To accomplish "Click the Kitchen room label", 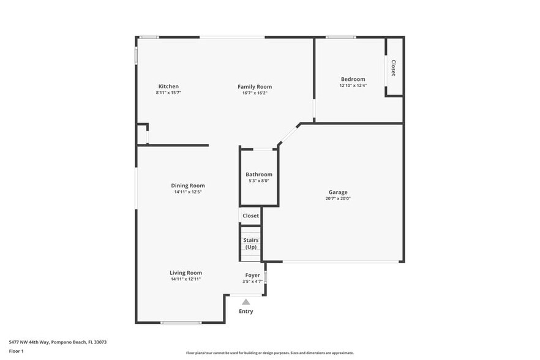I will (x=168, y=86).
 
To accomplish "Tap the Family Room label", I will (x=255, y=86).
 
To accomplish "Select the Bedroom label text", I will (x=353, y=79).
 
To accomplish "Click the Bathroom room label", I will (x=258, y=174).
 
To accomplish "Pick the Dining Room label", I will (x=187, y=186).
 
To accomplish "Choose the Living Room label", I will (x=186, y=272).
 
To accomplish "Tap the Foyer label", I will (x=252, y=276).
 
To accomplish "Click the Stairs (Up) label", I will (x=250, y=244).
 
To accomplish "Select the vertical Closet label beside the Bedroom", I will (x=393, y=67).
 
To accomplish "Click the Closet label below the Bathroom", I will (x=250, y=216).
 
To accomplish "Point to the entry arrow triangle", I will (x=246, y=302).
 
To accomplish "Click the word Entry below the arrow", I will (x=246, y=311).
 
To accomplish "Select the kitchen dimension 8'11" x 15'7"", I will (x=168, y=93).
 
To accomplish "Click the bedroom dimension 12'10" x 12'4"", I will (x=353, y=86).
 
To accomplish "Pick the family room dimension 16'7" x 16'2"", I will (x=255, y=93).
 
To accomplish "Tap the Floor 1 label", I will (x=16, y=351).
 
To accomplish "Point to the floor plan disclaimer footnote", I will (x=269, y=353).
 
